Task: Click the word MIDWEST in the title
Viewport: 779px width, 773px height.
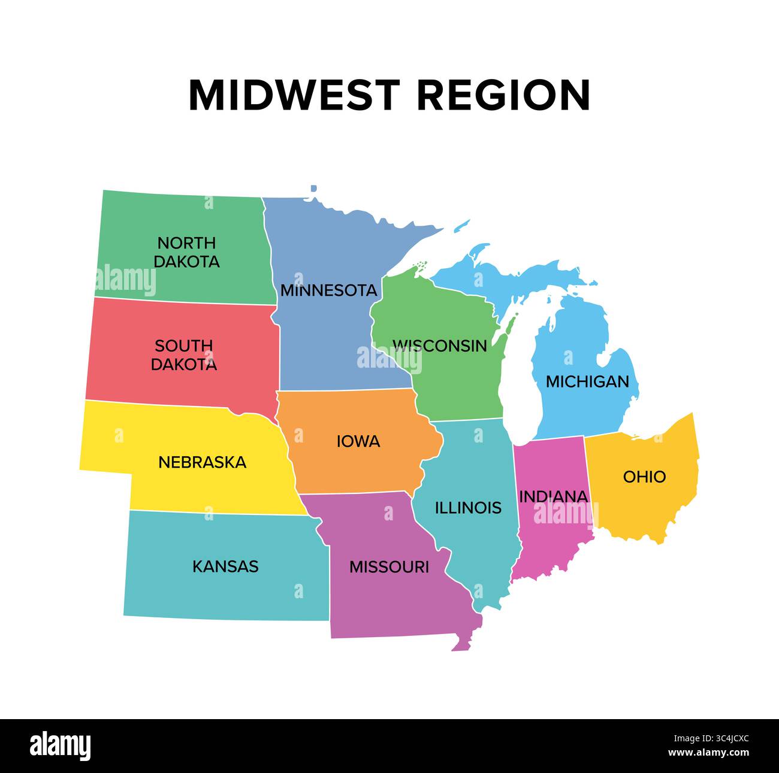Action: coord(294,95)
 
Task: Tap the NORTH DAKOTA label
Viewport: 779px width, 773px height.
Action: coord(186,252)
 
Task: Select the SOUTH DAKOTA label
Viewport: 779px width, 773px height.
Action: coord(183,355)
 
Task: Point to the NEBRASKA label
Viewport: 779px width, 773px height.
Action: coord(202,462)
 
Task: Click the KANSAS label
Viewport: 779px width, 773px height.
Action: coord(225,566)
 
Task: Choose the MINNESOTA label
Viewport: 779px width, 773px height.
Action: coord(328,290)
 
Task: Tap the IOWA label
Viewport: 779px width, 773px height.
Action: coord(358,442)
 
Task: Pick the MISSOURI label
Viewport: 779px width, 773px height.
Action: coord(389,567)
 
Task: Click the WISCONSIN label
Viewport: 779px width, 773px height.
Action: coord(439,345)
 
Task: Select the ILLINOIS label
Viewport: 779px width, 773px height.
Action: coord(467,508)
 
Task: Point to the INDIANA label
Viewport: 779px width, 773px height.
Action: coord(553,496)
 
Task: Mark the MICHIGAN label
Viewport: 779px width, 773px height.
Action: coord(587,381)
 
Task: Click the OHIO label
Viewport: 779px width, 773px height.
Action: coord(644,477)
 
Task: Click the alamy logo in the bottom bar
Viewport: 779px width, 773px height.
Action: coord(61,746)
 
